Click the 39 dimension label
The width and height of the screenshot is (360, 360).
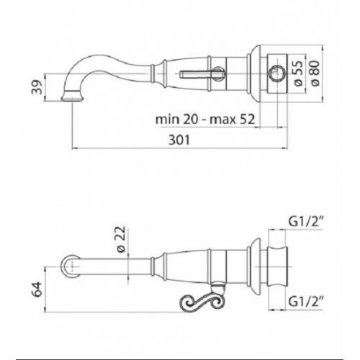(x=37, y=87)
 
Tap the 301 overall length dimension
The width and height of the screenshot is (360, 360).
(x=179, y=140)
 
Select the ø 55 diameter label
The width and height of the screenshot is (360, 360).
(x=298, y=73)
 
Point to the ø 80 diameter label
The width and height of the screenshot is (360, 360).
(x=315, y=73)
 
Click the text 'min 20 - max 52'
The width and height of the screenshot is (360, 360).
(x=205, y=120)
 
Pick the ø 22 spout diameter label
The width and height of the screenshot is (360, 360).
(x=121, y=239)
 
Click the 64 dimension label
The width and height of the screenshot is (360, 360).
(x=37, y=289)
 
